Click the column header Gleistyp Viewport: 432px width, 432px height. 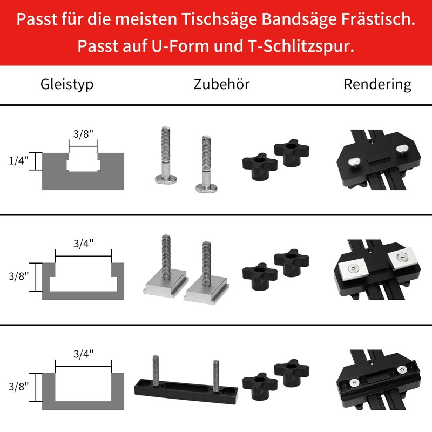tap(67, 84)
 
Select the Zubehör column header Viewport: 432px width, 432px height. tap(221, 84)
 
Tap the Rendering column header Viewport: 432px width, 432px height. tap(377, 84)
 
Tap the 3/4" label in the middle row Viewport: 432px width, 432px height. tap(83, 243)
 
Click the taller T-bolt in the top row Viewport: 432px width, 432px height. tap(165, 157)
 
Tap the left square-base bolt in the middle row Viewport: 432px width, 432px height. tap(164, 270)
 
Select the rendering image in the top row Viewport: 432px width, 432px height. tap(377, 159)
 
